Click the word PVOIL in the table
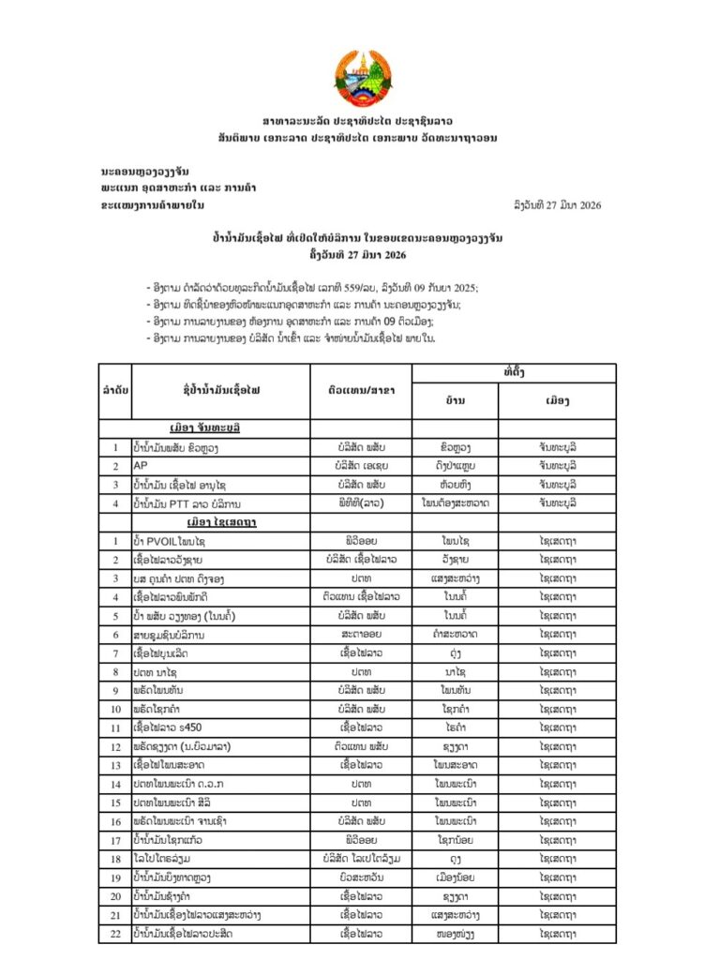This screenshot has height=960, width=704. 168,542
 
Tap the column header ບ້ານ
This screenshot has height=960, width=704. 455,400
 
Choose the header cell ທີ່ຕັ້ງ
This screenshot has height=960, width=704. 513,372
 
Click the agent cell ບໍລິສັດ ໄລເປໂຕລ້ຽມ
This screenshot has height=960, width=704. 361,858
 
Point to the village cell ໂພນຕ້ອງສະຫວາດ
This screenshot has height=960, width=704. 455,503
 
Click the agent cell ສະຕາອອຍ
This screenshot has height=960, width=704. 361,635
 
